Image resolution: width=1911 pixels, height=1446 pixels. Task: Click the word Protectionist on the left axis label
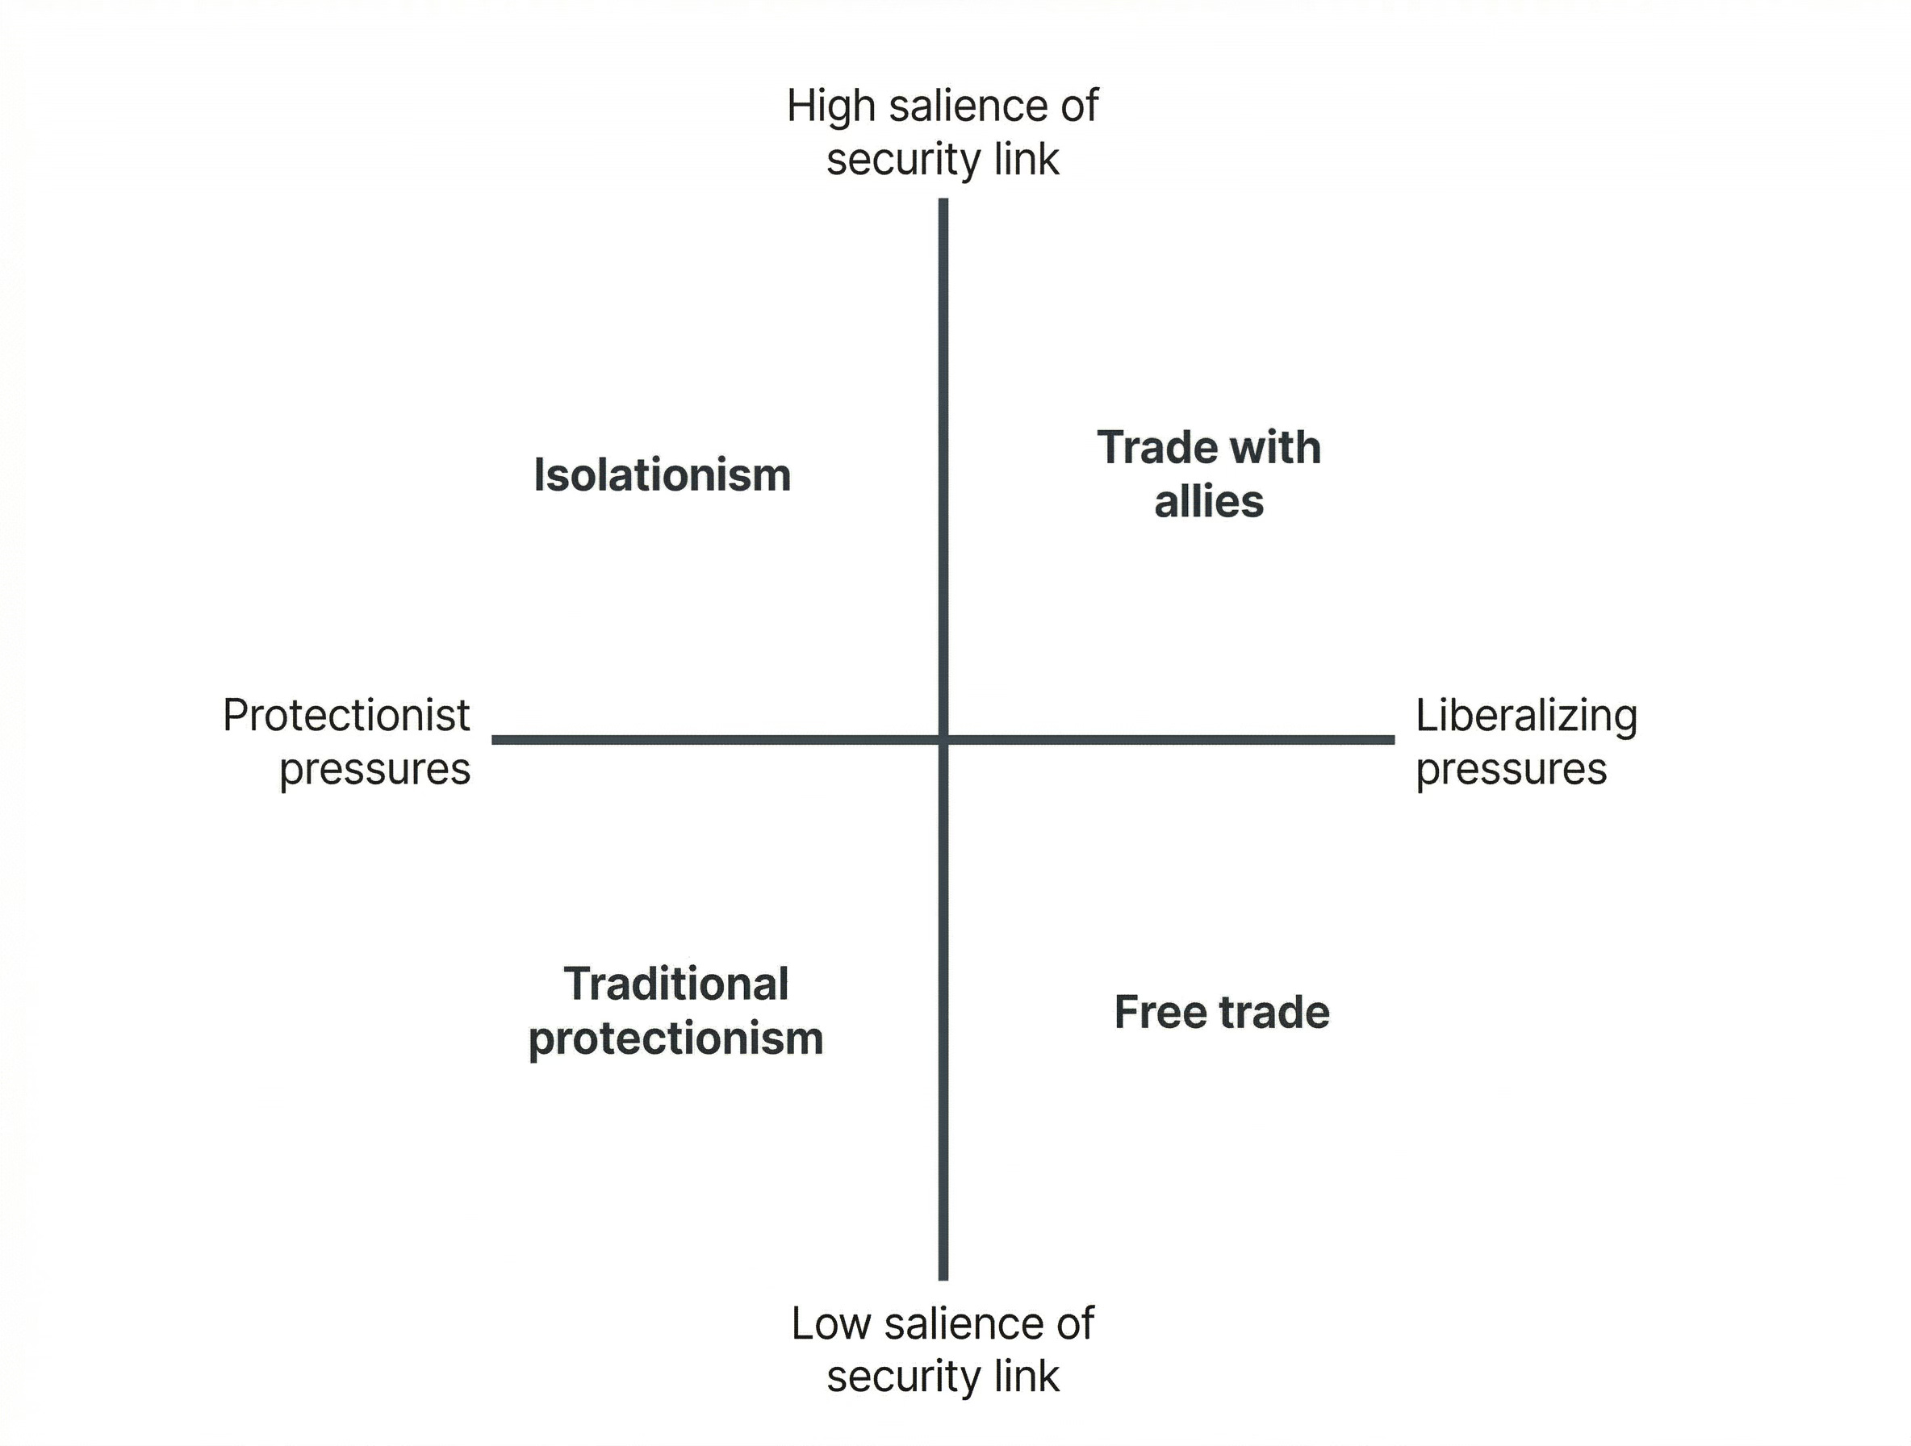pos(345,715)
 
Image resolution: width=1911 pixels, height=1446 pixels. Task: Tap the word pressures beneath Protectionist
pos(374,769)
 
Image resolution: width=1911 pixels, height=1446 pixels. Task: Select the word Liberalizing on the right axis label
pos(1526,715)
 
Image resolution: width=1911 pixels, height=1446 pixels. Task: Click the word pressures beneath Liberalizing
pos(1511,769)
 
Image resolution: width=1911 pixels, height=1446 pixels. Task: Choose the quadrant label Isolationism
pos(662,475)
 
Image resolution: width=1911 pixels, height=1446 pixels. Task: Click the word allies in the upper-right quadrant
pos(1209,502)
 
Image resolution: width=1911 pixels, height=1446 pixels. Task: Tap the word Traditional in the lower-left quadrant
pos(675,984)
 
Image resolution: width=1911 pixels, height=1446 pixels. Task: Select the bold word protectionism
pos(675,1039)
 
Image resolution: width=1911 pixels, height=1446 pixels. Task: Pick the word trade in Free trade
pos(1274,1012)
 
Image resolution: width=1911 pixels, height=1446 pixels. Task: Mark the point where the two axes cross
pos(943,739)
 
